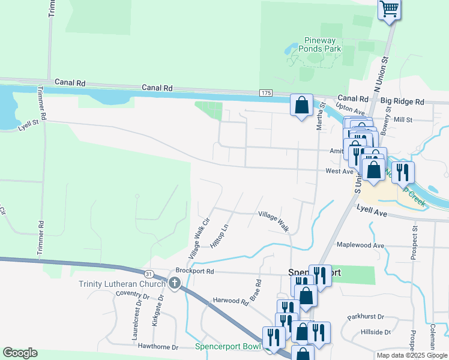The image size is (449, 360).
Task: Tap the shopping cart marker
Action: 390,9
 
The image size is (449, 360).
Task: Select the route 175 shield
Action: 267,93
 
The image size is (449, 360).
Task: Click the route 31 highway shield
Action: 157,273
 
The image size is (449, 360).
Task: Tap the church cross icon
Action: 175,283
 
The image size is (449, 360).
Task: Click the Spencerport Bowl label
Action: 228,347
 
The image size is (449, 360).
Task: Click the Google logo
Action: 20,353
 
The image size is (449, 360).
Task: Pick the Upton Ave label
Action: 351,109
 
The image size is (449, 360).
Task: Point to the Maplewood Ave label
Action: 360,245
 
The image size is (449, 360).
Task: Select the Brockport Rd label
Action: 194,271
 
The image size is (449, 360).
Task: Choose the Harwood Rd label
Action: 231,301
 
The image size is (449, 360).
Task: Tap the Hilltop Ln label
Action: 220,237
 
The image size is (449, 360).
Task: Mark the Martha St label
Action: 322,118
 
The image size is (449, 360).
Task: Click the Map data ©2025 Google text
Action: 411,355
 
